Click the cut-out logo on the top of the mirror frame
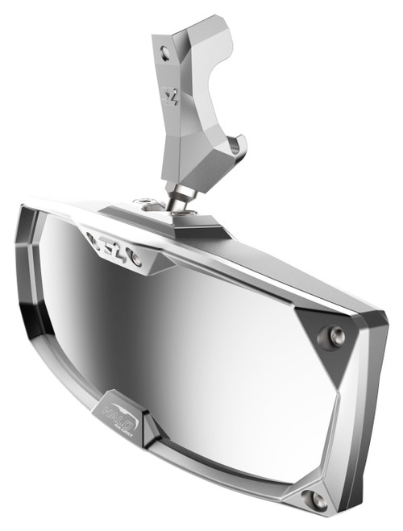point(113,245)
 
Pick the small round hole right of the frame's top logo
point(137,259)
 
